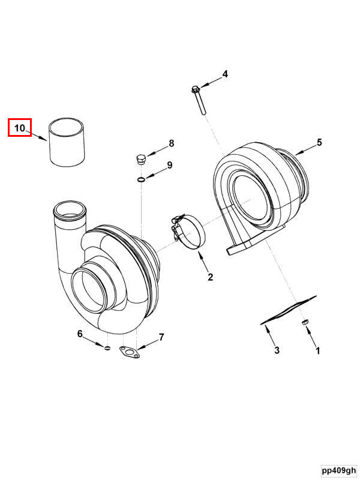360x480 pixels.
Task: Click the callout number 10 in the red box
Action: pos(19,128)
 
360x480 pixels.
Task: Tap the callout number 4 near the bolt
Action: pos(225,74)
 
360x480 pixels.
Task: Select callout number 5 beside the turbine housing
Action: pos(319,142)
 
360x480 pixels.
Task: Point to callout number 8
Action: pos(172,143)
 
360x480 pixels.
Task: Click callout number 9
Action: pos(170,165)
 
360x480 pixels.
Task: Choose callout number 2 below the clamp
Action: pos(211,277)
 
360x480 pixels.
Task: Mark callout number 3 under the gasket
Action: pos(277,350)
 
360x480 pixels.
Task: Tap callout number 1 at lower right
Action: pos(318,351)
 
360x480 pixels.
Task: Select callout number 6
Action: pos(80,334)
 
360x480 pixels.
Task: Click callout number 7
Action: pos(161,337)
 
